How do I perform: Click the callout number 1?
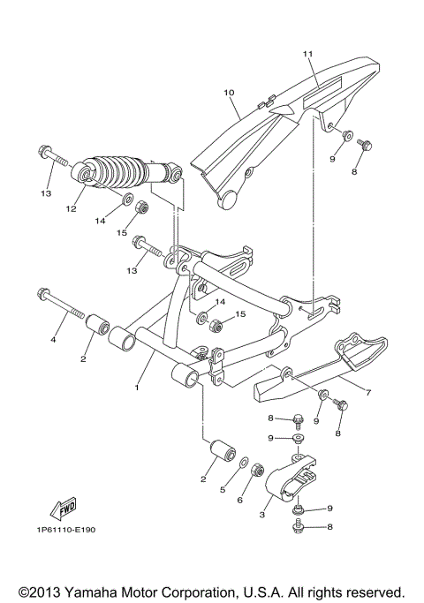click(x=136, y=387)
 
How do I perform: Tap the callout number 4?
click(x=53, y=339)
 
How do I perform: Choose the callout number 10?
click(x=228, y=92)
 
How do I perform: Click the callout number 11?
click(x=308, y=54)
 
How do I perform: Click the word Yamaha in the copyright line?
click(x=95, y=590)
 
